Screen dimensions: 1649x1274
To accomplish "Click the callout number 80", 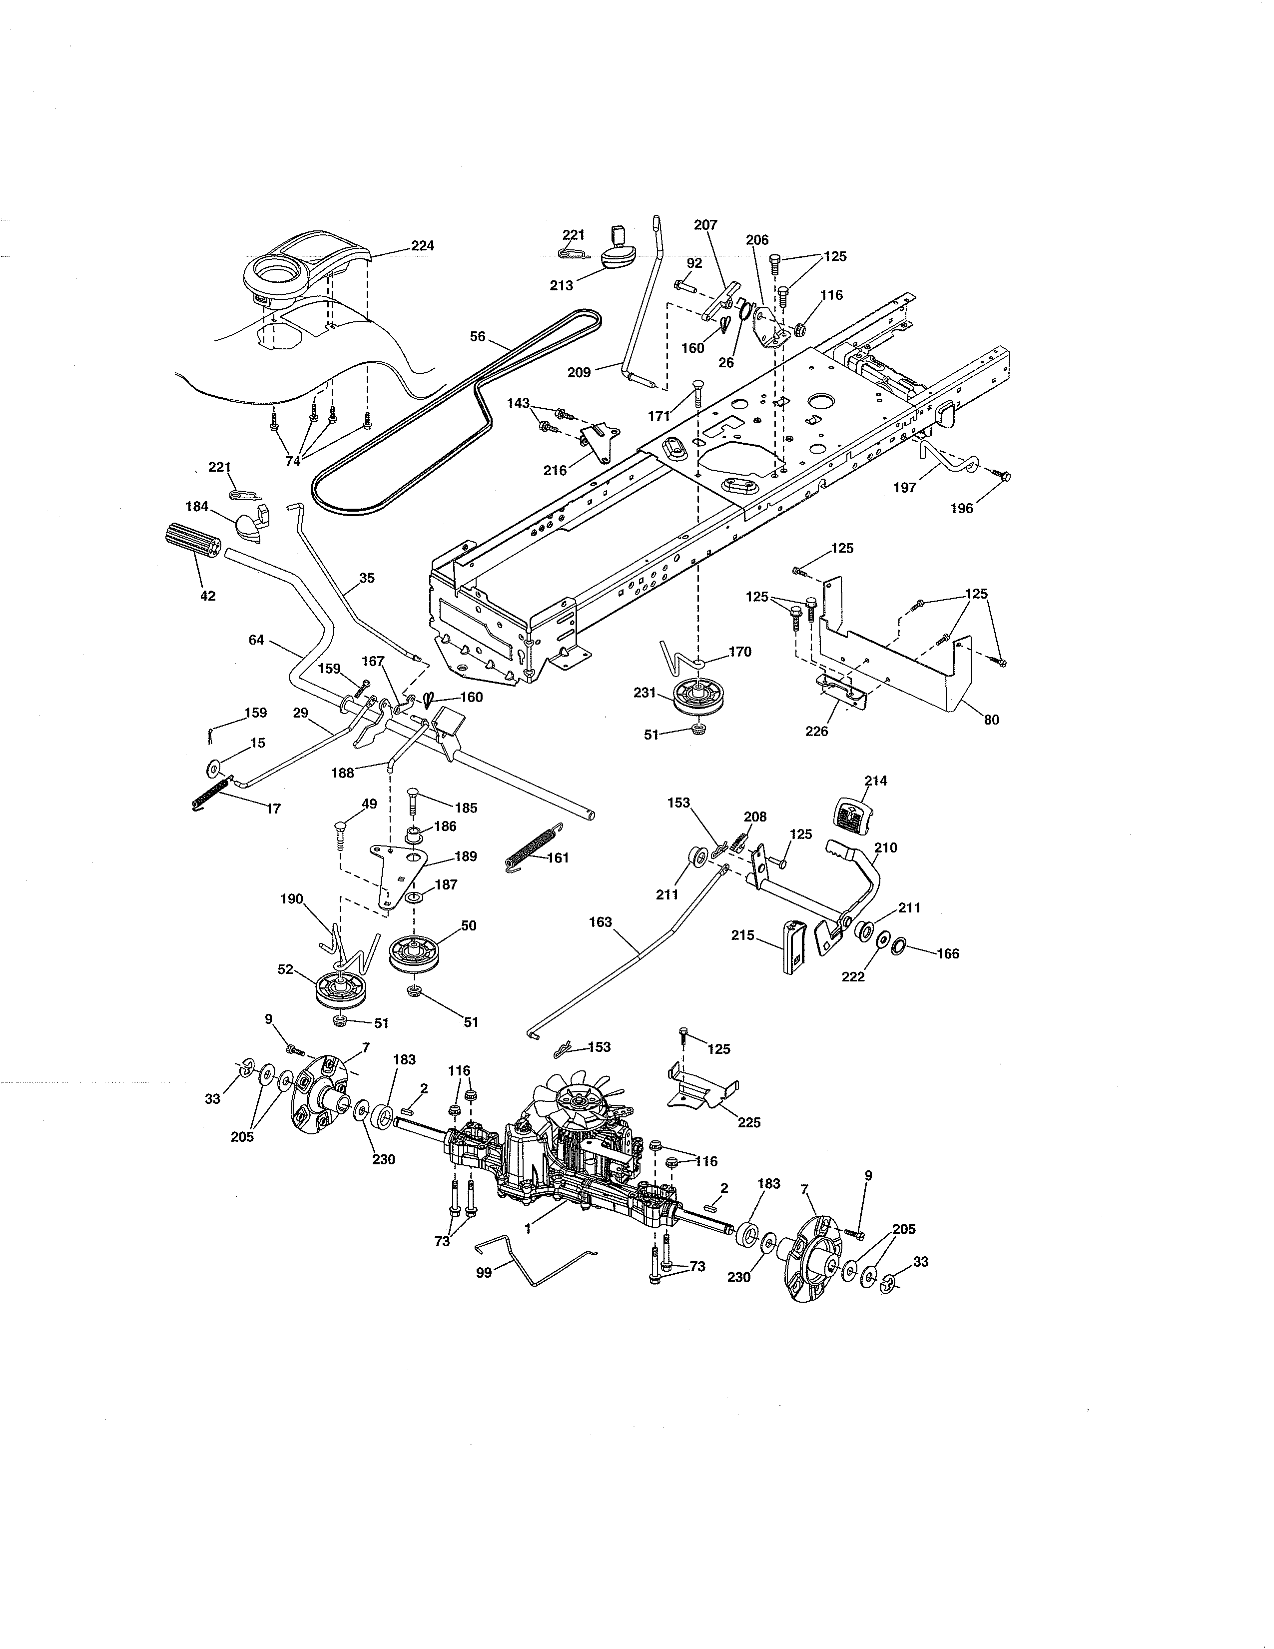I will click(991, 720).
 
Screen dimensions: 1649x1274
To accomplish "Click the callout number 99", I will click(484, 1272).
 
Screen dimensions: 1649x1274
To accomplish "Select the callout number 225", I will click(749, 1144).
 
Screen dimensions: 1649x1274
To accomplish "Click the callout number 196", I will click(962, 508).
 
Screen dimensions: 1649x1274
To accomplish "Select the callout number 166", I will click(947, 953).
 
